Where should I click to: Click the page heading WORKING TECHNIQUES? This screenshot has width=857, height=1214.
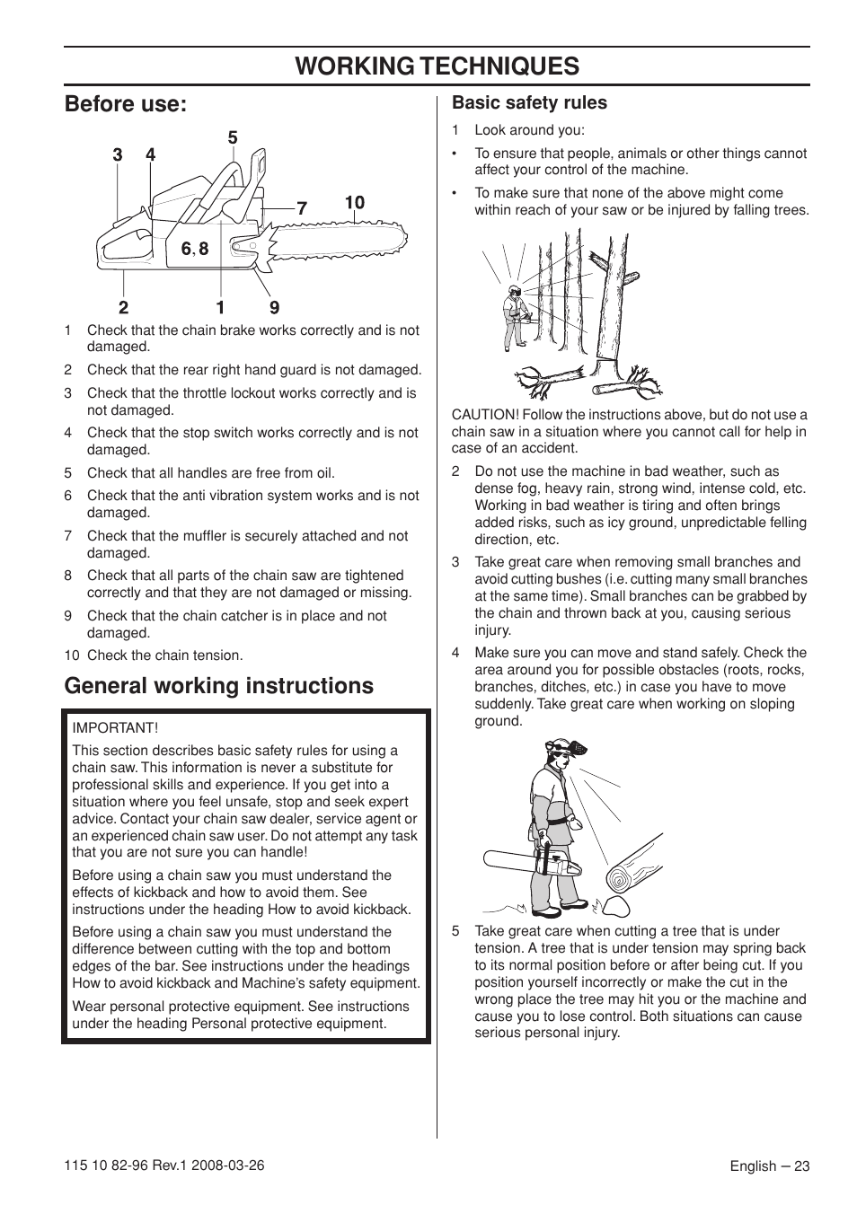click(437, 66)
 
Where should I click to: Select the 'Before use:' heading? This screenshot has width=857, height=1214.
click(126, 104)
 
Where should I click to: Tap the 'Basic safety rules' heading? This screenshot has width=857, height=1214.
click(529, 102)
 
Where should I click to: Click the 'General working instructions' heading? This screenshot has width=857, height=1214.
click(218, 686)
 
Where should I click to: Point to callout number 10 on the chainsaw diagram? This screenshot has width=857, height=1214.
click(355, 203)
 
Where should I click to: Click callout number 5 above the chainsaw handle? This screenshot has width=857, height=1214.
click(233, 137)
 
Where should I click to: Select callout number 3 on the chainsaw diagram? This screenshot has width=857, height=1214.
click(118, 155)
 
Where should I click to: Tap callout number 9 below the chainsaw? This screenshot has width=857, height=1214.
click(274, 307)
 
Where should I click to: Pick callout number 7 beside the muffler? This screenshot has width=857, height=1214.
click(302, 208)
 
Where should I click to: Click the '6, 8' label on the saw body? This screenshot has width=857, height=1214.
click(195, 249)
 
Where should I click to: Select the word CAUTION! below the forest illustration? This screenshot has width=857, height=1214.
click(485, 415)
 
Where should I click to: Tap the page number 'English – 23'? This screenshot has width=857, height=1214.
click(769, 1166)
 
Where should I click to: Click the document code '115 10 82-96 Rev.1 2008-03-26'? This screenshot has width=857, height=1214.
click(164, 1166)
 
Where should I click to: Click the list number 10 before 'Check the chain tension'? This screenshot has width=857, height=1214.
click(71, 655)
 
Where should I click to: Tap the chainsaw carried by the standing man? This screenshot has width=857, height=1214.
click(532, 866)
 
